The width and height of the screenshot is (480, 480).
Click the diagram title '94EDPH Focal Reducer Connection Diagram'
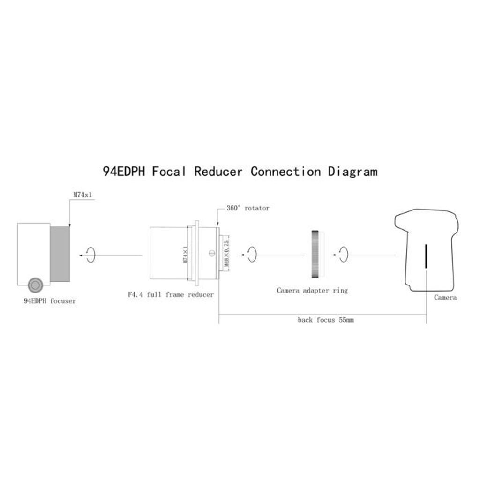pos(240,172)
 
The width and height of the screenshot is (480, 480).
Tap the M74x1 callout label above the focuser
pos(82,195)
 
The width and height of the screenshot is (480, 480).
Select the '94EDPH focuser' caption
pos(50,301)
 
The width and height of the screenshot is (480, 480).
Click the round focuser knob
pos(35,285)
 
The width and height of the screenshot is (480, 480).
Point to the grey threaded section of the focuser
pos(60,254)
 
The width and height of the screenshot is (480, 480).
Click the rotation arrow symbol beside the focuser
pos(90,255)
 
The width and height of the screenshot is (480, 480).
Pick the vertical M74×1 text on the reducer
pos(185,255)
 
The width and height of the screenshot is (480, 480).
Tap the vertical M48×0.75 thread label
pos(226,253)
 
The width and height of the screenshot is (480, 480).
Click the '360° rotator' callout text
pos(248,208)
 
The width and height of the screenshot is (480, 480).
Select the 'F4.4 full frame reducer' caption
pos(171,294)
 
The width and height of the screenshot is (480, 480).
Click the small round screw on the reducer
pos(212,253)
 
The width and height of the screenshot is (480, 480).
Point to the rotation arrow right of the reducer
pos(252,255)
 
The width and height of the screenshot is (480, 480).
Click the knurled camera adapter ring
pos(315,254)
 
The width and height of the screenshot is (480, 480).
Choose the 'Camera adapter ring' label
pos(312,291)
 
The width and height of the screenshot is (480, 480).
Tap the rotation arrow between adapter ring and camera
pos(344,255)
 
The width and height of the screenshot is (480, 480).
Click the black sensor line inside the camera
pos(426,256)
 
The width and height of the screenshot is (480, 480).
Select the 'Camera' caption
pos(445,298)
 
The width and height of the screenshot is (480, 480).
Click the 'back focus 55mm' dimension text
pos(326,320)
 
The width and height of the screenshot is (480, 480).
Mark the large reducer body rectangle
pos(169,253)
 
